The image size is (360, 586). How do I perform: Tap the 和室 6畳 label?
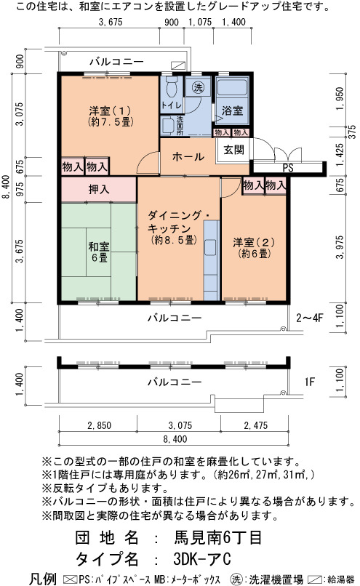99,252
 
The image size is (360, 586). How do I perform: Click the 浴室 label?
232,111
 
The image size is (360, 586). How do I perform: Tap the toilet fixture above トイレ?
171,87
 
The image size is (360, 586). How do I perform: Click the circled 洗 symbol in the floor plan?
198,87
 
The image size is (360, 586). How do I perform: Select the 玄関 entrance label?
233,150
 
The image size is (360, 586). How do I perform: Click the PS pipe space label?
288,168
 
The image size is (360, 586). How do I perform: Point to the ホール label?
188,156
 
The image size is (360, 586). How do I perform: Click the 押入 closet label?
99,190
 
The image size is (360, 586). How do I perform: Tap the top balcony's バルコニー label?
116,62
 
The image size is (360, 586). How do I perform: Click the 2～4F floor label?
310,318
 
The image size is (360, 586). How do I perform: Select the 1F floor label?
310,382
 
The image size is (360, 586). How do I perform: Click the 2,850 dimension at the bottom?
99,425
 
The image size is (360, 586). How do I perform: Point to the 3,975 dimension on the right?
340,247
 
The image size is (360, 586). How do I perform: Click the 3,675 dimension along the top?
111,22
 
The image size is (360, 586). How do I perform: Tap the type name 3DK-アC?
202,559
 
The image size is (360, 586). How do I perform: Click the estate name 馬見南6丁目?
218,537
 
